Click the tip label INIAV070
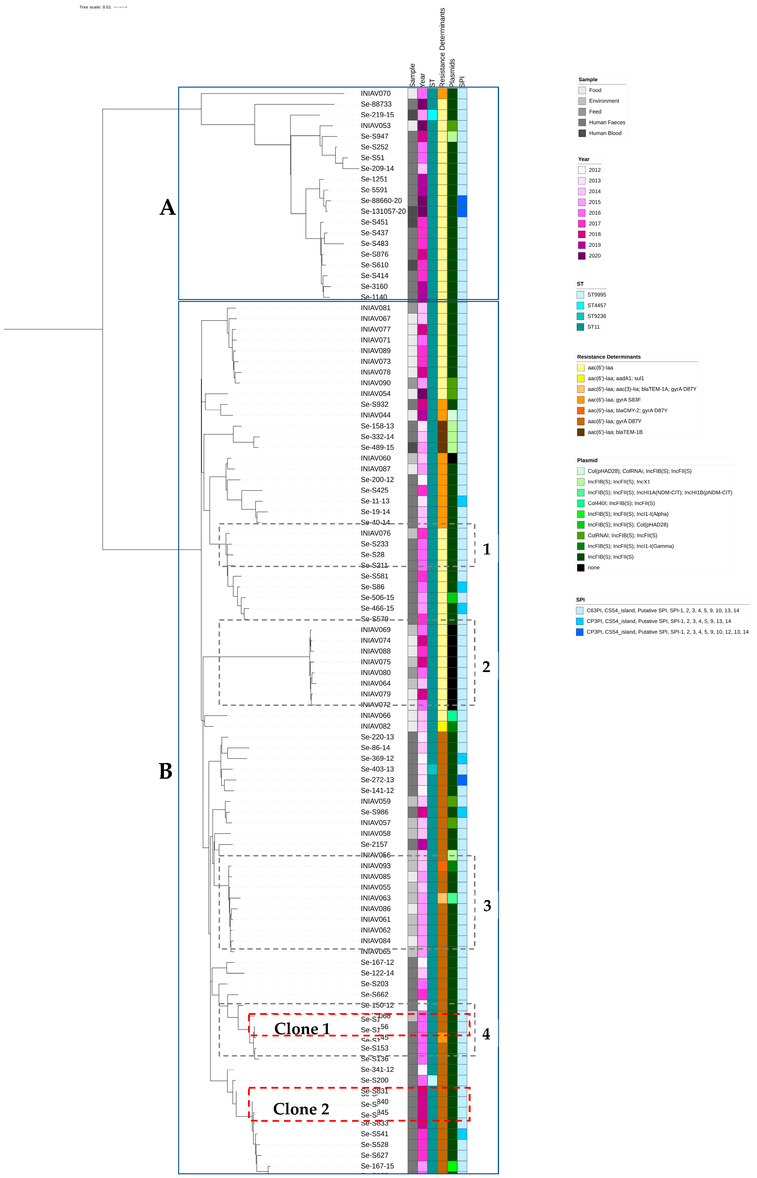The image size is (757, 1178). pyautogui.click(x=376, y=93)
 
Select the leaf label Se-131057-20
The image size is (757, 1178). pyautogui.click(x=383, y=211)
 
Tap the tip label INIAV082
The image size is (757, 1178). pyautogui.click(x=376, y=726)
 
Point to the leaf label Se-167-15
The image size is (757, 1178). pyautogui.click(x=377, y=1166)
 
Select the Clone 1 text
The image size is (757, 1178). pyautogui.click(x=302, y=1029)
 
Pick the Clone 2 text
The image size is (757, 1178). pyautogui.click(x=301, y=1109)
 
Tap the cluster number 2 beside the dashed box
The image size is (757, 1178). pyautogui.click(x=486, y=667)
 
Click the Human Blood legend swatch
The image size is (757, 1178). pyautogui.click(x=582, y=133)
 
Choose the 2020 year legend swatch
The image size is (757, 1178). pyautogui.click(x=582, y=256)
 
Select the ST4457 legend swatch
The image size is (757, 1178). pyautogui.click(x=581, y=305)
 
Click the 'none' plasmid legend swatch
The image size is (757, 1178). pyautogui.click(x=581, y=568)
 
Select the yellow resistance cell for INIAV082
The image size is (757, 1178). pyautogui.click(x=442, y=726)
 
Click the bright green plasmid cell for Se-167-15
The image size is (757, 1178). pyautogui.click(x=452, y=1166)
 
